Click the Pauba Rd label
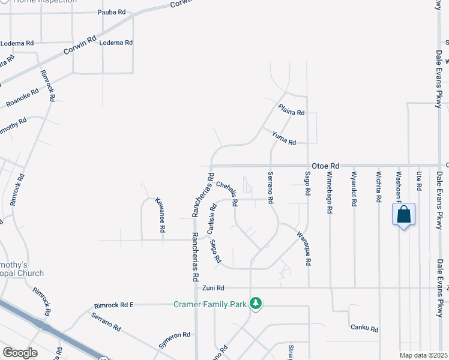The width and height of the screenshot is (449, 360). (111, 12)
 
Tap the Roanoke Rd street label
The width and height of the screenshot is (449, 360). (22, 98)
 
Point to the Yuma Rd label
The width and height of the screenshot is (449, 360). (284, 139)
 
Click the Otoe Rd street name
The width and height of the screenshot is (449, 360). (326, 166)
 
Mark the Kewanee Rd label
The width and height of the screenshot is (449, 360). (160, 215)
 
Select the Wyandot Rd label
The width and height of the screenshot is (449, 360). (354, 190)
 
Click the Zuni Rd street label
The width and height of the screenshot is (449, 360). (213, 288)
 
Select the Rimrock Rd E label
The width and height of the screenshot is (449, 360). (114, 305)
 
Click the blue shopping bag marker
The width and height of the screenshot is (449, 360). (403, 214)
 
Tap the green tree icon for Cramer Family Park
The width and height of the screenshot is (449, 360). (256, 303)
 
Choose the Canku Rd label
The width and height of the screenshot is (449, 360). (364, 328)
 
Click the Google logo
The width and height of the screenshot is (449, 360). (20, 353)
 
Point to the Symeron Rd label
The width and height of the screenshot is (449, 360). (174, 335)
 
